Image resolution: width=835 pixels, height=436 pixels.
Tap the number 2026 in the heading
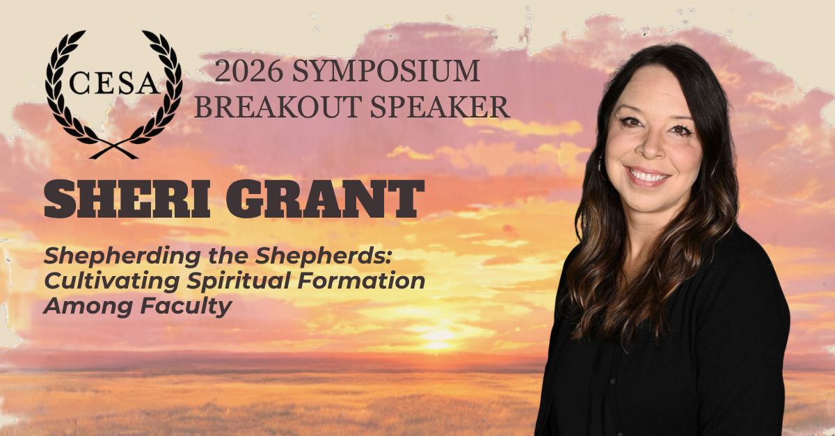click(248, 71)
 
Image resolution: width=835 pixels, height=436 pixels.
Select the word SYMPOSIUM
click(385, 71)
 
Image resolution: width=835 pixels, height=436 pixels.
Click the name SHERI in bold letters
click(127, 199)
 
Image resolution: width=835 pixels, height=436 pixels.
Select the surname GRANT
click(325, 199)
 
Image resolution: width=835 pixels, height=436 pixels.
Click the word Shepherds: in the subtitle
click(323, 256)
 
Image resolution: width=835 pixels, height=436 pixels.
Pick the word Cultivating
click(112, 282)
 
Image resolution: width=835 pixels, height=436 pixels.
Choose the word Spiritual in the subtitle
click(239, 282)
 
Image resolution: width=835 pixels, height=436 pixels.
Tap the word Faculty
click(186, 307)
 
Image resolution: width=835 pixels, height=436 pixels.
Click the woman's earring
click(600, 165)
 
